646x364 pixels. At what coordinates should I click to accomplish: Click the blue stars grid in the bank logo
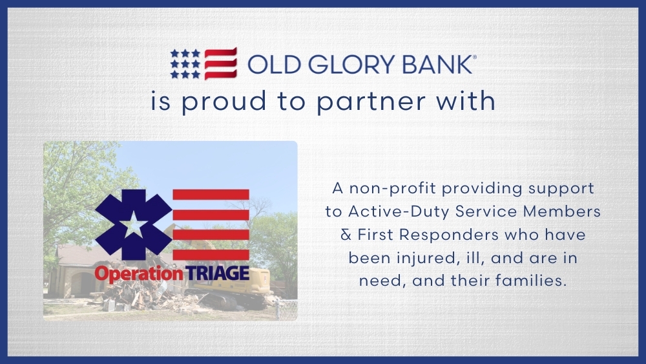coord(185,63)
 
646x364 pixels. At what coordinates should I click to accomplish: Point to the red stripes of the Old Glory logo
coord(220,63)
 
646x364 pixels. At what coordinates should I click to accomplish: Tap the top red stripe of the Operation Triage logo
coord(211,195)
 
